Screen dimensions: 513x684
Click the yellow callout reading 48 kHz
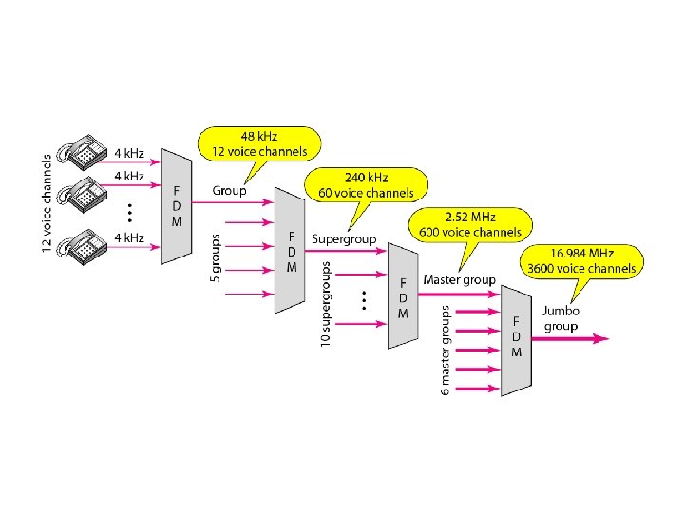click(259, 143)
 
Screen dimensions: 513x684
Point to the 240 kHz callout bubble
click(366, 184)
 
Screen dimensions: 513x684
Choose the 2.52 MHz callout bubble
click(470, 223)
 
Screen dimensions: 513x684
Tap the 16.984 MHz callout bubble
click(582, 260)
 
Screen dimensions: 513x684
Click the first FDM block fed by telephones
click(176, 206)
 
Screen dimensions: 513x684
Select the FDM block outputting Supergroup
click(291, 250)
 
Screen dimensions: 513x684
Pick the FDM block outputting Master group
click(403, 296)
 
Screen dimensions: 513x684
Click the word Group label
click(229, 191)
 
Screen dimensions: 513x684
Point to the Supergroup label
click(344, 239)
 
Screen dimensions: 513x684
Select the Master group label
click(459, 279)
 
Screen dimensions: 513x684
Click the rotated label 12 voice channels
click(47, 204)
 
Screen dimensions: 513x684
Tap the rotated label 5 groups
click(214, 257)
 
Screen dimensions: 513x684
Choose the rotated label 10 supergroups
click(326, 302)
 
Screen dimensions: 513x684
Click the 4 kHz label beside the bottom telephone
click(129, 237)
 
